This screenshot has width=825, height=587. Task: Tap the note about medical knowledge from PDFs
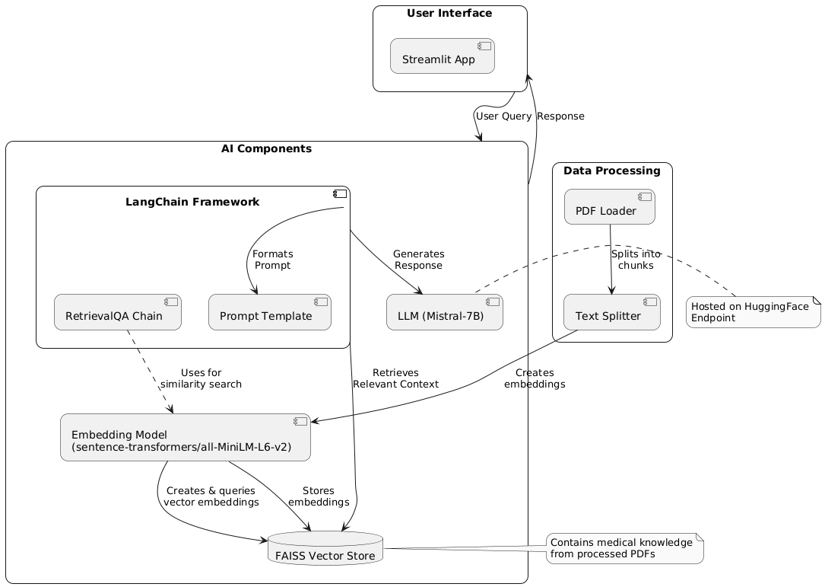pyautogui.click(x=624, y=548)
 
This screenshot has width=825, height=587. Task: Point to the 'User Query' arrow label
pyautogui.click(x=503, y=116)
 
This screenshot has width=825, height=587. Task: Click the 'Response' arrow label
pyautogui.click(x=560, y=116)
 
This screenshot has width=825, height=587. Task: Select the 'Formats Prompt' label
pyautogui.click(x=272, y=260)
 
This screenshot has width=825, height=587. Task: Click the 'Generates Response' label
pyautogui.click(x=418, y=260)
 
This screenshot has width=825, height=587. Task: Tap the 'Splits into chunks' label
pyautogui.click(x=636, y=260)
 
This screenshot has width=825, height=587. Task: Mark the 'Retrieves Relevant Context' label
pyautogui.click(x=395, y=378)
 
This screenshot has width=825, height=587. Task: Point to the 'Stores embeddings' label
pyautogui.click(x=319, y=496)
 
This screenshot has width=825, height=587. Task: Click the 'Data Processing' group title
pyautogui.click(x=612, y=171)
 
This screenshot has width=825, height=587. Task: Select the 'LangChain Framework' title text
pyautogui.click(x=192, y=202)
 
